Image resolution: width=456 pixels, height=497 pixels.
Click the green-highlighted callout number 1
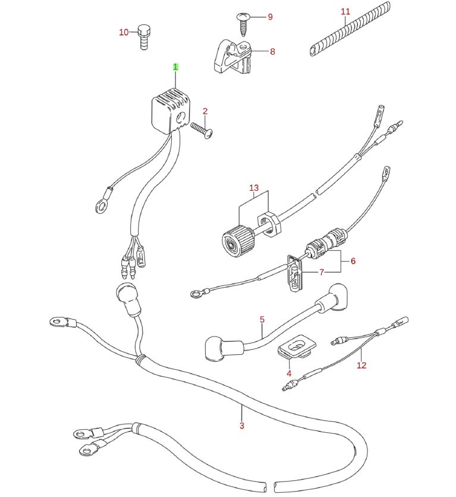pos(175,67)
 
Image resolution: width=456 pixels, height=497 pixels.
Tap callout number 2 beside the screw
pos(205,111)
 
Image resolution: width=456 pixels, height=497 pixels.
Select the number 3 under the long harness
pos(242,425)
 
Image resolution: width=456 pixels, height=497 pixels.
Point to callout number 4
pos(289,373)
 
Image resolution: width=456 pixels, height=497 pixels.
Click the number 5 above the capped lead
pos(262,319)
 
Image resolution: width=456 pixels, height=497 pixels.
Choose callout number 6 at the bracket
pos(353,261)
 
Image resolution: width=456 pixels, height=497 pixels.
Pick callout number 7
pos(322,273)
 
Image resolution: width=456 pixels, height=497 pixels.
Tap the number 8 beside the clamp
pos(272,52)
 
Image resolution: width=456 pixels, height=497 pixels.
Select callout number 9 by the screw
pos(270,17)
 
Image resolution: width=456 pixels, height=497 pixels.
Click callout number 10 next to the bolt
pos(124,32)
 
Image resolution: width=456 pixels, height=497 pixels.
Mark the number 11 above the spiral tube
pos(346,11)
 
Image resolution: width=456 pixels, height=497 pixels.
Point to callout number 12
pos(361,366)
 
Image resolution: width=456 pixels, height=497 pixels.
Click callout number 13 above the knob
pos(254,188)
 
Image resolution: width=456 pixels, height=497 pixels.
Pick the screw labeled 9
pos(244,23)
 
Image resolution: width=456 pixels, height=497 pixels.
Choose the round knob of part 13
pos(233,241)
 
